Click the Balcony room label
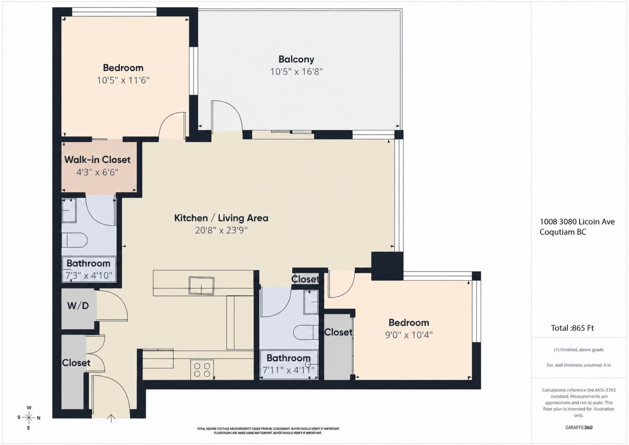click(296, 59)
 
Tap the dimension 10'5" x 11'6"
click(123, 81)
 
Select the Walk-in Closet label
click(97, 160)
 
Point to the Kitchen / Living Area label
click(221, 218)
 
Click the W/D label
click(78, 306)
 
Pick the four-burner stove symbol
click(202, 370)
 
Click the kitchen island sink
click(202, 286)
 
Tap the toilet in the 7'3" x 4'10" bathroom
click(75, 240)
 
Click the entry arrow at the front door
click(111, 418)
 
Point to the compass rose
click(29, 418)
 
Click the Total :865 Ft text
click(572, 328)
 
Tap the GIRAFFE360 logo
click(579, 428)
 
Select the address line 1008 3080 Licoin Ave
click(577, 222)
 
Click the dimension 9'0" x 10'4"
click(409, 335)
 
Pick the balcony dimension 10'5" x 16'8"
click(296, 72)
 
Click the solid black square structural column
click(387, 266)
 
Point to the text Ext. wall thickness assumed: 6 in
click(579, 365)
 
